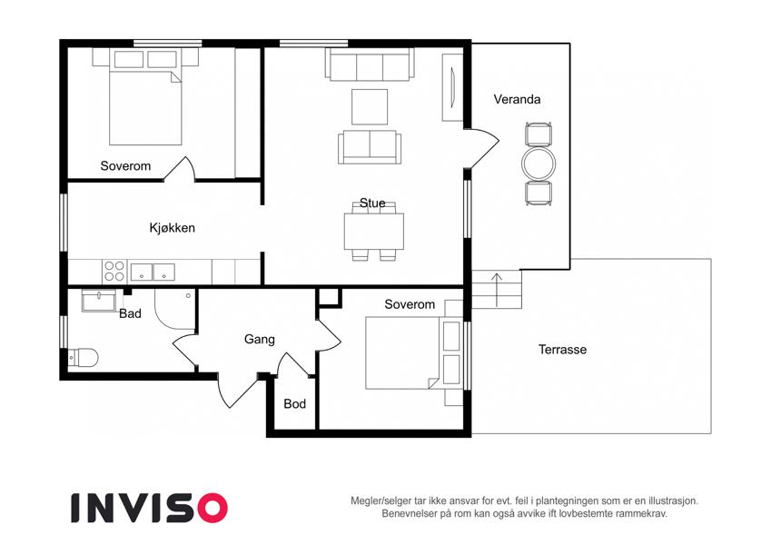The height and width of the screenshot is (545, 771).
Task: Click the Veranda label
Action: tap(517, 99)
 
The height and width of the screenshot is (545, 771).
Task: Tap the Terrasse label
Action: tap(562, 350)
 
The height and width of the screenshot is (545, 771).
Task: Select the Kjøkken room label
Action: tap(173, 228)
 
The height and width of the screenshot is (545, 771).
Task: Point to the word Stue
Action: tap(372, 203)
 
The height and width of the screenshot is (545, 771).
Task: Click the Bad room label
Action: tap(130, 313)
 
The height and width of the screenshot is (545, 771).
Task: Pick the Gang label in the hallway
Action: tap(259, 340)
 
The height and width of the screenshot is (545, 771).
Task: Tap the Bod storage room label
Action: tap(294, 404)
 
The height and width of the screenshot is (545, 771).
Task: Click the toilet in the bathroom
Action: tap(83, 358)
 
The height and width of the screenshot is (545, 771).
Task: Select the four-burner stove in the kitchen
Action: tap(114, 272)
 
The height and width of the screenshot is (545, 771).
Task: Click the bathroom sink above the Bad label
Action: tap(99, 300)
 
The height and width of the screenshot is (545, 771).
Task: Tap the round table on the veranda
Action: tap(539, 163)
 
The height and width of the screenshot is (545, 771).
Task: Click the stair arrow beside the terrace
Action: tap(497, 290)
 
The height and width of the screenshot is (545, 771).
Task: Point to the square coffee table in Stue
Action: tap(370, 107)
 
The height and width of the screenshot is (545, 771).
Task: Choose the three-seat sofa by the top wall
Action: tap(370, 64)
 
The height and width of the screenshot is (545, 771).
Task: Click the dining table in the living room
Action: tap(374, 232)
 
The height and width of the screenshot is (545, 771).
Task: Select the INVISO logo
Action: tap(149, 508)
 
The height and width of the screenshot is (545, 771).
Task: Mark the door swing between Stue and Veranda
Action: tap(482, 147)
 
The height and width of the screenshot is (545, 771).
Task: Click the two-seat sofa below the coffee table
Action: tap(370, 147)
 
